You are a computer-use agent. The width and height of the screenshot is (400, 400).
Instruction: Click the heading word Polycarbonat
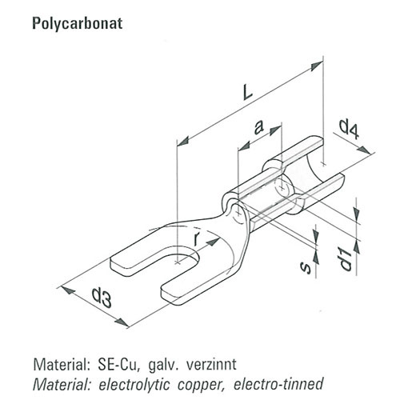pyautogui.click(x=78, y=24)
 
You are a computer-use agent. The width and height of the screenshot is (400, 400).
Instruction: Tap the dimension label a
pyautogui.click(x=258, y=127)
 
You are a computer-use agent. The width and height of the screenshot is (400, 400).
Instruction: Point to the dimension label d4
pyautogui.click(x=350, y=130)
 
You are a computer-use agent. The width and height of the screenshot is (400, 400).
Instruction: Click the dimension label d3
pyautogui.click(x=102, y=297)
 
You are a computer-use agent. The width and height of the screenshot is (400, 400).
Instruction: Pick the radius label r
pyautogui.click(x=196, y=238)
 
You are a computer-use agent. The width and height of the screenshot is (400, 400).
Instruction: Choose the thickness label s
pyautogui.click(x=306, y=267)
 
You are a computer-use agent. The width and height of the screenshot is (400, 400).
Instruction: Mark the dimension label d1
pyautogui.click(x=346, y=258)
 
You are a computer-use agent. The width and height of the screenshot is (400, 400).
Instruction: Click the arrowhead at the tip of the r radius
pyautogui.click(x=214, y=242)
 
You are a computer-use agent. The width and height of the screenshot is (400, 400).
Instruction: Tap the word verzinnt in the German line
pyautogui.click(x=211, y=365)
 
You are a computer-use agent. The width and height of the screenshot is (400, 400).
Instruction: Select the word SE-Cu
pyautogui.click(x=118, y=365)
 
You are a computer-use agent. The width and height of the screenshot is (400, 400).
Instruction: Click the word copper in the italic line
pyautogui.click(x=201, y=385)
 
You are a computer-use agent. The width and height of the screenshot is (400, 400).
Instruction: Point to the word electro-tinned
pyautogui.click(x=278, y=384)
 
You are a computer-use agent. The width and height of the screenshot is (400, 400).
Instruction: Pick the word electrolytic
pyautogui.click(x=134, y=384)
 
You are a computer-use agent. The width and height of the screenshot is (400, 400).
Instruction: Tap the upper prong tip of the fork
pyautogui.click(x=111, y=263)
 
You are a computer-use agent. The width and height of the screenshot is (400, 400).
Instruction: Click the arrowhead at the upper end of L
pyautogui.click(x=317, y=66)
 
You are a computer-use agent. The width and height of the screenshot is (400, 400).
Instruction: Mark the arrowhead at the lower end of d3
pyautogui.click(x=122, y=322)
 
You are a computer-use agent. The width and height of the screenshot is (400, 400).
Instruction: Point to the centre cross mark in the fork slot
pyautogui.click(x=178, y=262)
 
